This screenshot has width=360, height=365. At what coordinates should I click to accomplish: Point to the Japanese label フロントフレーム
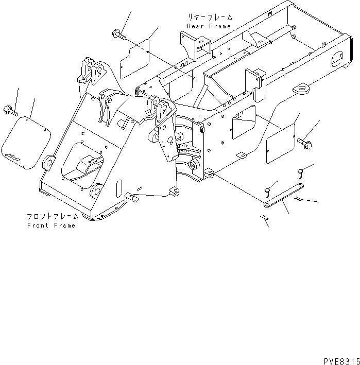53,216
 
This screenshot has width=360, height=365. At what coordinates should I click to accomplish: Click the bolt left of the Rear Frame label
116,34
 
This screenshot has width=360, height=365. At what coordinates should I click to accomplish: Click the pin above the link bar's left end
268,192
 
